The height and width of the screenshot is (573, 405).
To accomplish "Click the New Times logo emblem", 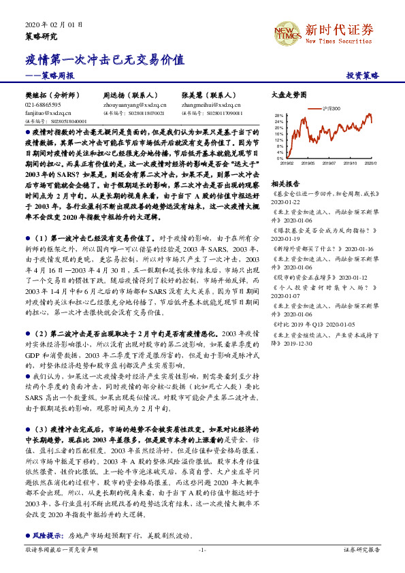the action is tap(286, 32).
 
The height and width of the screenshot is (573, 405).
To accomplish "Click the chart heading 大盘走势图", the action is tap(289, 95).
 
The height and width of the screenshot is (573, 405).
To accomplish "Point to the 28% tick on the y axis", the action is tap(278, 115).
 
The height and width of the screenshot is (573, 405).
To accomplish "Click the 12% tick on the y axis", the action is tap(278, 138).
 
